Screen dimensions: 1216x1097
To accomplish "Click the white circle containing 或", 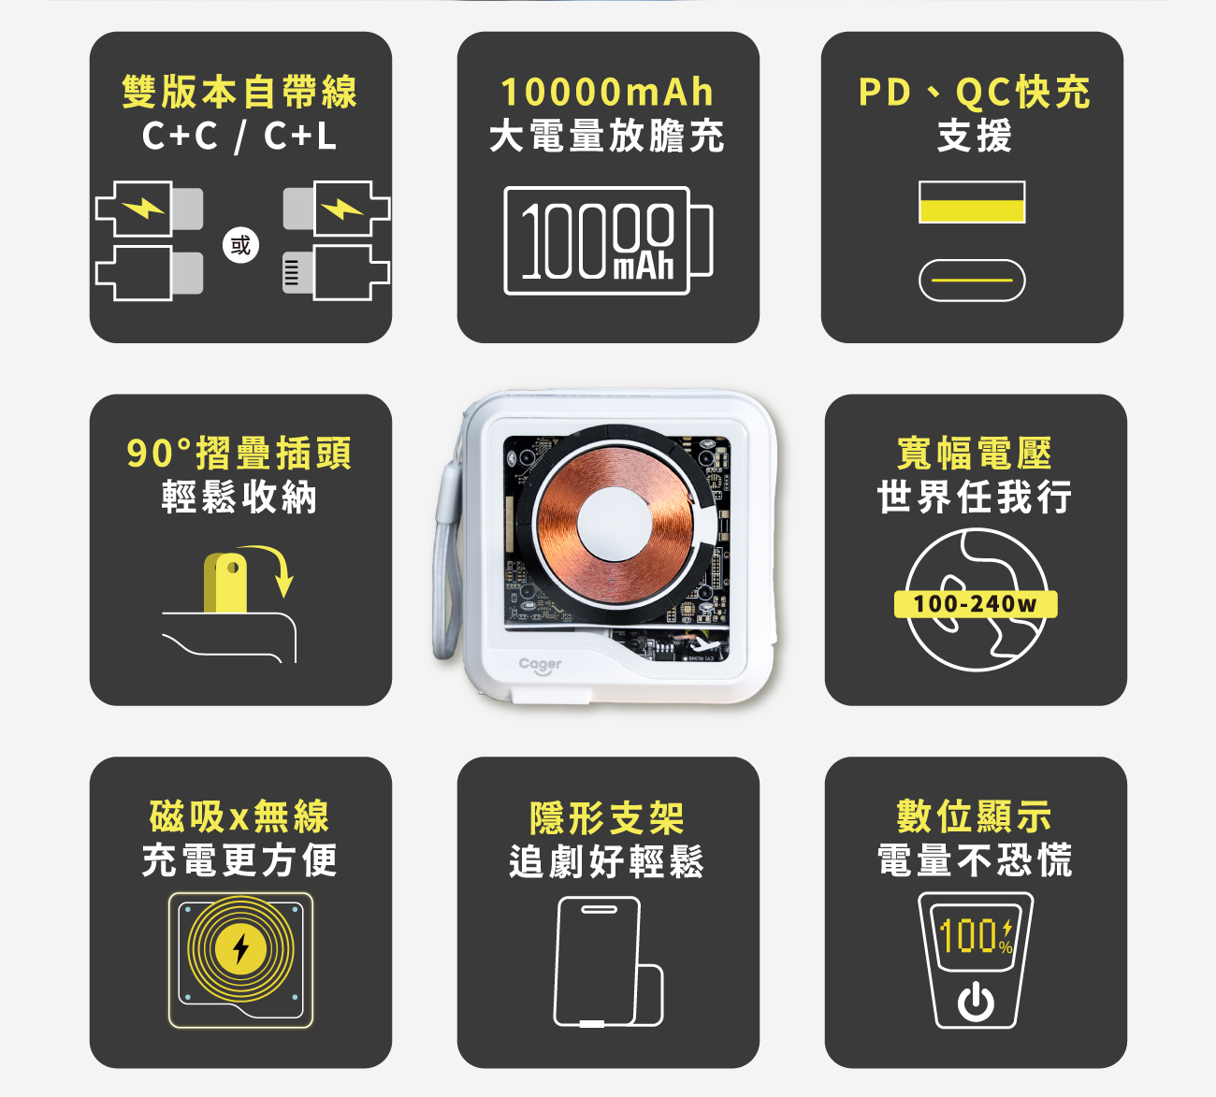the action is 240,245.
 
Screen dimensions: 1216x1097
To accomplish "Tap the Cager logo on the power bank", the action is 540,665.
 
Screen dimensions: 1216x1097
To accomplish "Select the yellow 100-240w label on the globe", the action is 976,603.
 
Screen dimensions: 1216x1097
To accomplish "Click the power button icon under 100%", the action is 976,1003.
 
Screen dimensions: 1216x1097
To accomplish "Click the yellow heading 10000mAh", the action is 607,92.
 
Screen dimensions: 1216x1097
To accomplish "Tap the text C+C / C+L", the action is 239,136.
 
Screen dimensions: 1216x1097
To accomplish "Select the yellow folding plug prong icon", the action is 225,583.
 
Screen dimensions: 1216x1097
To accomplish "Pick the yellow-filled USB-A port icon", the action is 972,202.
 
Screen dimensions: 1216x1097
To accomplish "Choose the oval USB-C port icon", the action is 972,280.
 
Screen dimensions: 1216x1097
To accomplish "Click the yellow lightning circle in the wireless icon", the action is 240,948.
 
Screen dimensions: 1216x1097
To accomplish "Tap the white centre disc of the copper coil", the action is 615,522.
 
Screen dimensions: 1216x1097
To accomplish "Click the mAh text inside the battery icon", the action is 644,267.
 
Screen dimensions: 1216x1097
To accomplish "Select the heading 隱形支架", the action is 607,818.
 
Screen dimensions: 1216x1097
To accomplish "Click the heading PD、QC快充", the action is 974,93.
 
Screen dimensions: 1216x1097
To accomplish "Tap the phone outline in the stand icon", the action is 597,961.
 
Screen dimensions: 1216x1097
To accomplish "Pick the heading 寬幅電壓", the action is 974,453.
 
